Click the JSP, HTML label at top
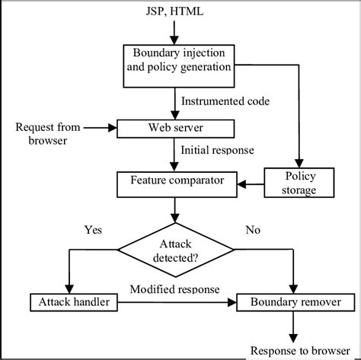(x=176, y=12)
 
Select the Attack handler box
(x=70, y=303)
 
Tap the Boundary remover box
(x=292, y=303)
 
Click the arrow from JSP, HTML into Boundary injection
(x=176, y=33)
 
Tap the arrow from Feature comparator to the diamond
(x=176, y=207)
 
